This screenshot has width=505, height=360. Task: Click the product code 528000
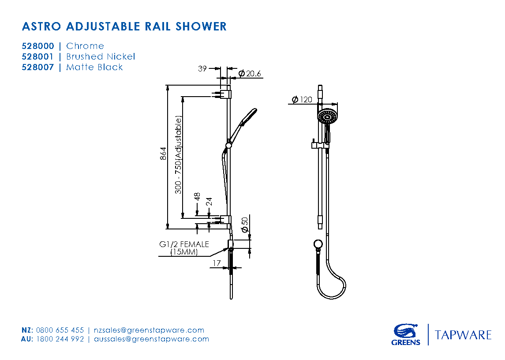pos(38,46)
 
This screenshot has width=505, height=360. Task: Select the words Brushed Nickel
pos(101,56)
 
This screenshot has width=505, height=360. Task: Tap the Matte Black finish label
pos(94,67)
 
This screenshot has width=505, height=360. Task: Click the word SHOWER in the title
pos(201,26)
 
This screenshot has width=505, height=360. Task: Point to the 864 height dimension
pos(163,154)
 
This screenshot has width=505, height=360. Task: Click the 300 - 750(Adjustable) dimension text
pos(178,154)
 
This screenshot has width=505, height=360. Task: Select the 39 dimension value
pos(202,68)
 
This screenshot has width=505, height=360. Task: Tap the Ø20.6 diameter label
pos(250,73)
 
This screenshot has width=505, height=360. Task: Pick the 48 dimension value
pos(197,197)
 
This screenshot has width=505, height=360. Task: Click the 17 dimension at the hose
pos(217,263)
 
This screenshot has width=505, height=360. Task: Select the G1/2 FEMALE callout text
pos(184,244)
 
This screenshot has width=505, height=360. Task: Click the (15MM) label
pos(184,252)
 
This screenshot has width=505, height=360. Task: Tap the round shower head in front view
pos(327,116)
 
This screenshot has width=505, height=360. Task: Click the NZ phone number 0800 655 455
pos(60,330)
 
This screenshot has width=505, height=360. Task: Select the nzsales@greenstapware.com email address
pos(149,330)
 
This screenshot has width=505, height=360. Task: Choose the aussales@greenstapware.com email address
pos(151,339)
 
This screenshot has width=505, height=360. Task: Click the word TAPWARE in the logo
pos(463,335)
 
